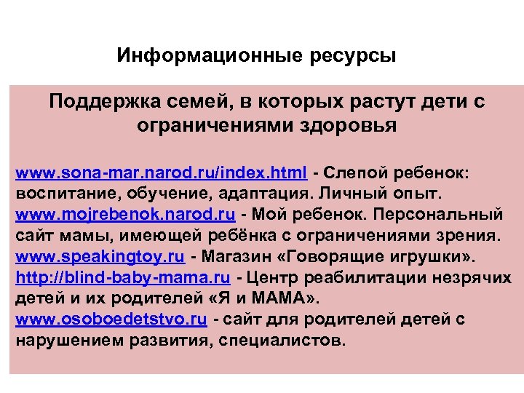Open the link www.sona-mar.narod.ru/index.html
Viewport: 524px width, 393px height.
(x=162, y=173)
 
